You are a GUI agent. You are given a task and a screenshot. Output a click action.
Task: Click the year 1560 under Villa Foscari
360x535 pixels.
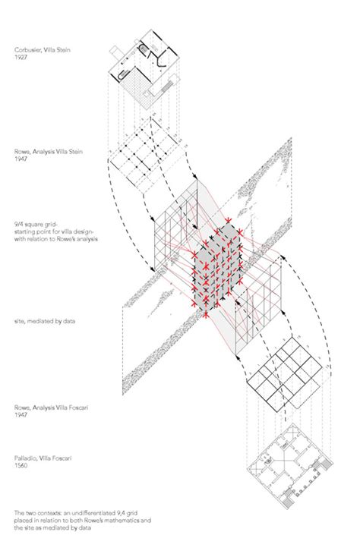click(21, 466)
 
